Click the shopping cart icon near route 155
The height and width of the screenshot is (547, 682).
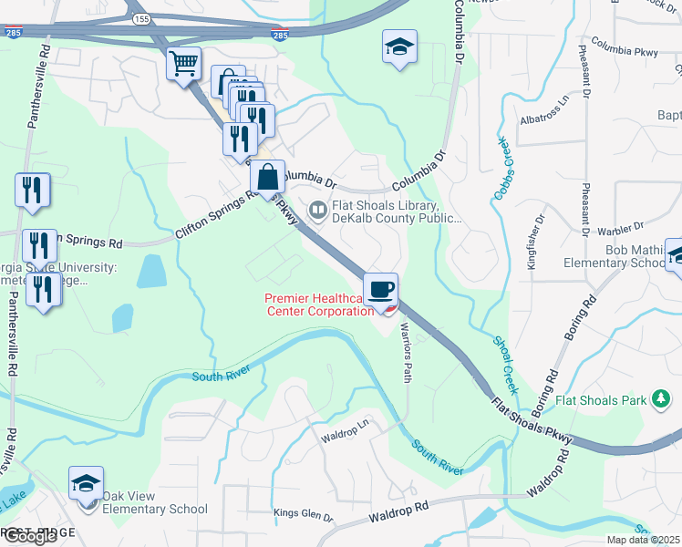pyautogui.click(x=184, y=64)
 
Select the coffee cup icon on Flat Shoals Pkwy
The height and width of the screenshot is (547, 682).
pyautogui.click(x=380, y=289)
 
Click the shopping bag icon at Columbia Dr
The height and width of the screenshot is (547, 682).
pyautogui.click(x=267, y=176)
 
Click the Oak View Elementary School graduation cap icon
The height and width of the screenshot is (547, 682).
pyautogui.click(x=86, y=482)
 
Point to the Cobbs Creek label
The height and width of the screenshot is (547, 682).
pyautogui.click(x=505, y=164)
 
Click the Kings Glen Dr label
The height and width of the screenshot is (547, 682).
pyautogui.click(x=304, y=516)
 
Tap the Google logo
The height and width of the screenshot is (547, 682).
pyautogui.click(x=31, y=536)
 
